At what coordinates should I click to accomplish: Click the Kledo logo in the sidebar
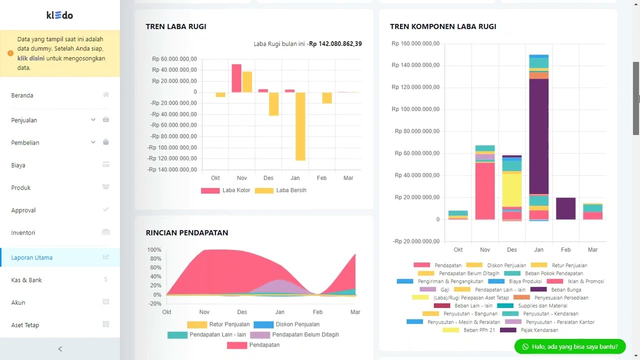pos(60,15)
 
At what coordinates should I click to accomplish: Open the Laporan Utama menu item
pos(32,257)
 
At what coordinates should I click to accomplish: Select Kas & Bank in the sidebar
pos(26,280)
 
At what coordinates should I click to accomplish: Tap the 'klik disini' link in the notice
pos(31,58)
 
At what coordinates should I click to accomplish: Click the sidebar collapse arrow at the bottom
pos(60,349)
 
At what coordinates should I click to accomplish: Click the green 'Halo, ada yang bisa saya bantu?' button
pos(569,346)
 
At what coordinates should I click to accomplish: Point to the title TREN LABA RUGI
pos(176,26)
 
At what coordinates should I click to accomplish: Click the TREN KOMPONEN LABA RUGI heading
pos(443,26)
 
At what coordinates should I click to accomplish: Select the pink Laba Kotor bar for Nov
pos(236,78)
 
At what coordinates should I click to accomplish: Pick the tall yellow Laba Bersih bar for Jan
pos(300,126)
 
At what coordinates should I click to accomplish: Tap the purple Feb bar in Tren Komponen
pos(565,208)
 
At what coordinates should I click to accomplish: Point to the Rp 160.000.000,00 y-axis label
pos(415,43)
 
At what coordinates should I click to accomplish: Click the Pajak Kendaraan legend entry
pos(539,330)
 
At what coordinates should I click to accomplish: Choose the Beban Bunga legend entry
pos(565,289)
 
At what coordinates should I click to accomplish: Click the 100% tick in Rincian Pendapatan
pos(154,250)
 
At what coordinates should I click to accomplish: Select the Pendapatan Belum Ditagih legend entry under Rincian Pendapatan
pos(305,334)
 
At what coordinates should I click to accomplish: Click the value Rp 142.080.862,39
pos(335,44)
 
